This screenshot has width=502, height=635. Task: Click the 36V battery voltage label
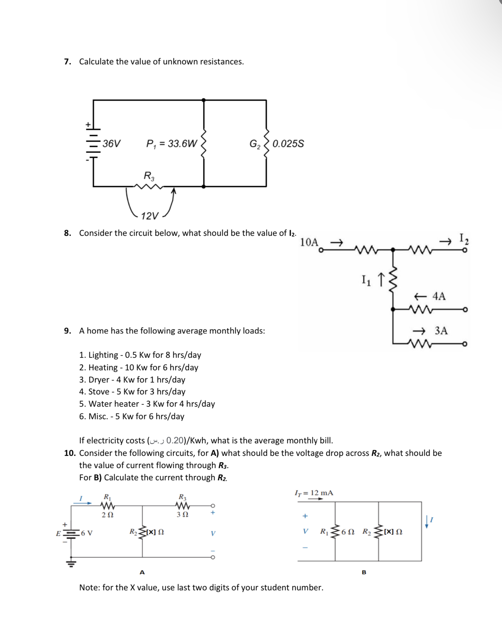coord(111,143)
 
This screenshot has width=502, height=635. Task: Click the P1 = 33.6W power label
coord(172,143)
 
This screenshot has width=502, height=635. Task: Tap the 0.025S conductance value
coord(288,143)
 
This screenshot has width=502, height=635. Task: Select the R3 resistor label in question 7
coord(149,176)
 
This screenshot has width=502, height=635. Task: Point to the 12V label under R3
coord(150,216)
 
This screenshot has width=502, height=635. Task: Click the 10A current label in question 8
coord(309,242)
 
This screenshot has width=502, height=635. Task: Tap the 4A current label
coord(439,296)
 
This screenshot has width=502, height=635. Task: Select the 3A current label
coord(441,331)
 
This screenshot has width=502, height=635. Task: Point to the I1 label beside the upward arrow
coord(366,280)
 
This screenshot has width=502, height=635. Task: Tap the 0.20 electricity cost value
coord(175,440)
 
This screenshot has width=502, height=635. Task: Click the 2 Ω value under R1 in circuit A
coord(107,515)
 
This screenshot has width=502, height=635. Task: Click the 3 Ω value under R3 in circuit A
coord(182,514)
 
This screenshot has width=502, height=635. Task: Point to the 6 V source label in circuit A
coord(87,533)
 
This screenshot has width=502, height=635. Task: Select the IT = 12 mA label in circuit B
coord(314,493)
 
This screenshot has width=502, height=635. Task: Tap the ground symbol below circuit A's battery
coord(71,563)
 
